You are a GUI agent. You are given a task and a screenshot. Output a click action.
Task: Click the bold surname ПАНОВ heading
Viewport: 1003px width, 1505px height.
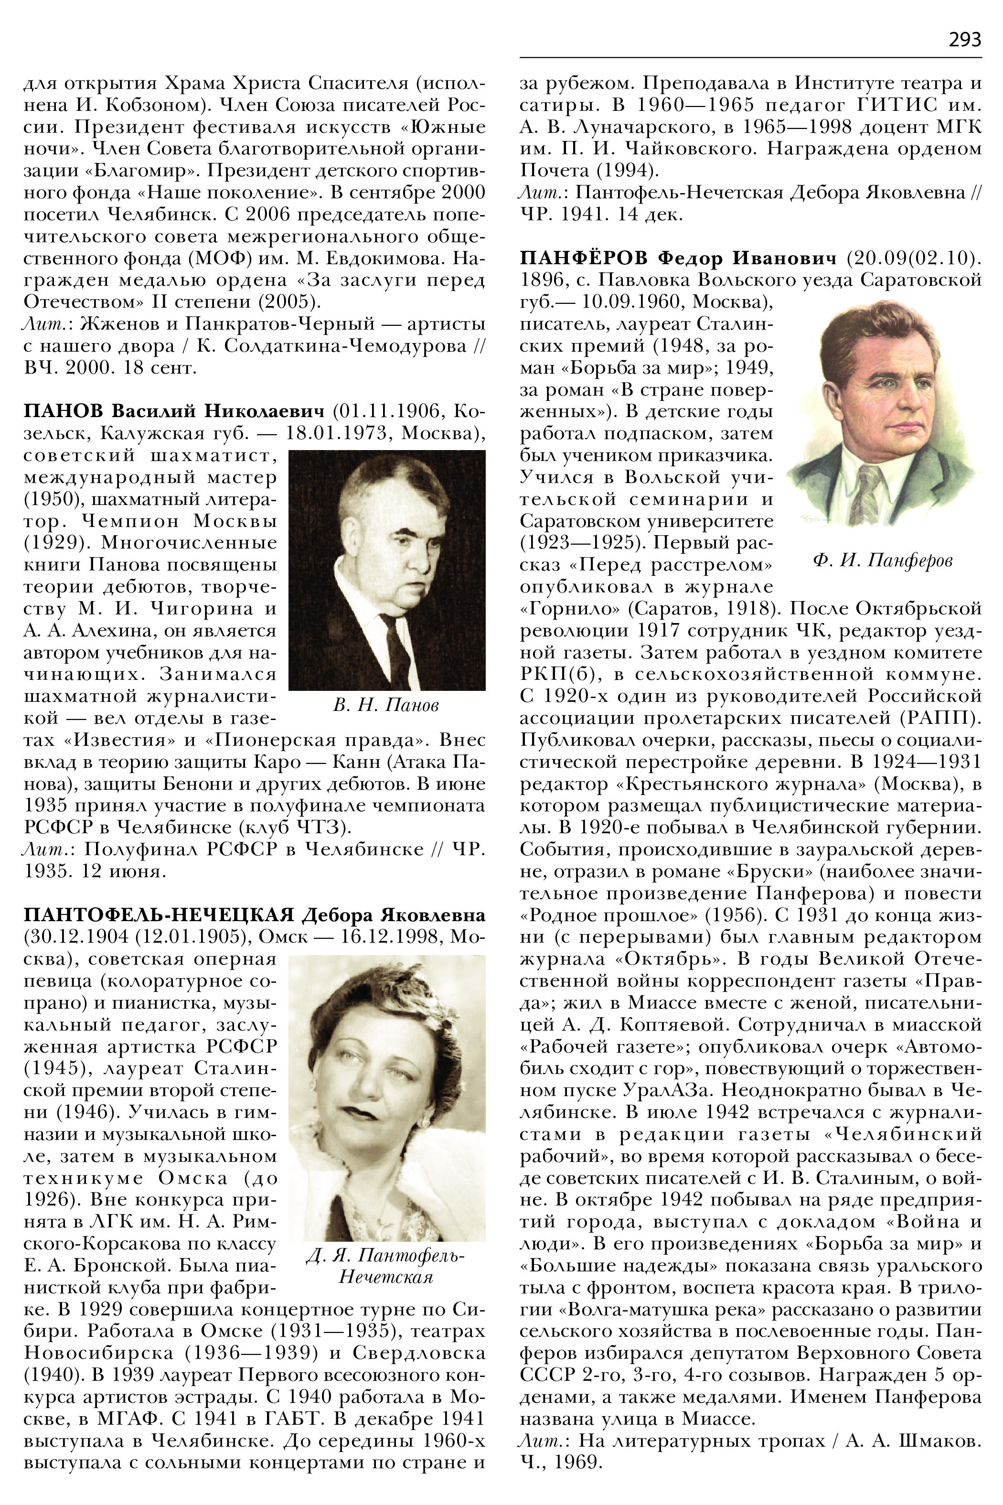click(x=64, y=410)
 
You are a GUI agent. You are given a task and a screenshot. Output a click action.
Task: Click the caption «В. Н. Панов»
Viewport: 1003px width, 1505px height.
click(x=386, y=705)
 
